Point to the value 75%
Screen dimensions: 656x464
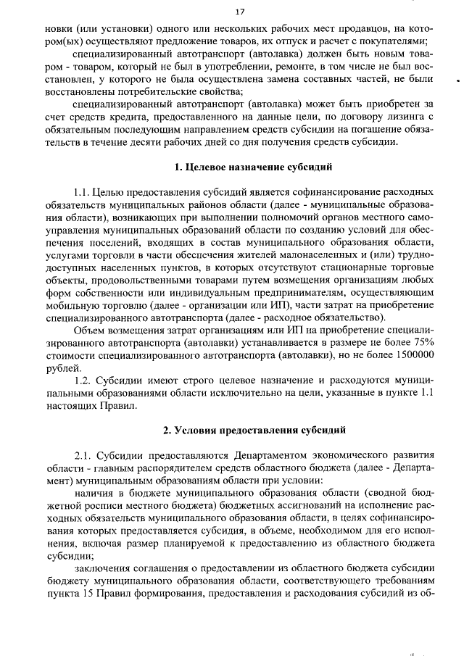tap(419, 342)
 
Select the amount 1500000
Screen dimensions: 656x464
tap(408, 354)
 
